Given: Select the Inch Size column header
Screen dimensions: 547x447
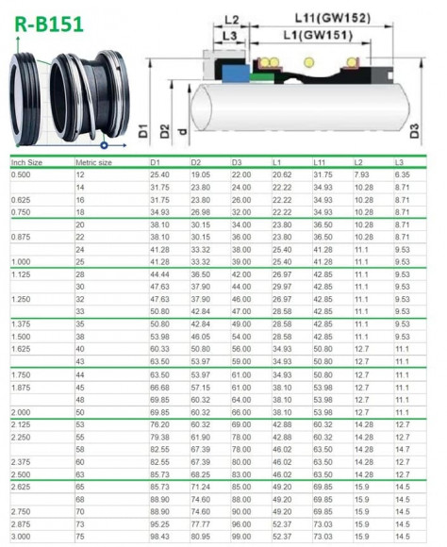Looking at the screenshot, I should [26, 163].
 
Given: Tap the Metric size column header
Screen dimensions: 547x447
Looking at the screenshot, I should [93, 163].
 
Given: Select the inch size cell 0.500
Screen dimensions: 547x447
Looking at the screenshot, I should [20, 175].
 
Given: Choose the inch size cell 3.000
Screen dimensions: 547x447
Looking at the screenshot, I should [20, 536].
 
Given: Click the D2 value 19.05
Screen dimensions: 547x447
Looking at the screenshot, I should [200, 175].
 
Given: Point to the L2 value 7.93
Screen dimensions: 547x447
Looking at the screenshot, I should [361, 175].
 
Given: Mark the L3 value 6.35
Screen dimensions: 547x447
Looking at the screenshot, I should [402, 175].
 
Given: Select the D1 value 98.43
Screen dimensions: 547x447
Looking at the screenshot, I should [159, 536].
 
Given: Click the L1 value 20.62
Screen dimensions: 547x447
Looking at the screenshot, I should [281, 175].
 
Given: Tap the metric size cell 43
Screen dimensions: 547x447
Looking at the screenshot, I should [80, 361].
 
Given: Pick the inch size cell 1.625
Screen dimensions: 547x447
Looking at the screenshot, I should [20, 349].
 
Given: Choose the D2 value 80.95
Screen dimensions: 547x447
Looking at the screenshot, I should [200, 536].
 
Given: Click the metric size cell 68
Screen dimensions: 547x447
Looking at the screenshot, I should [80, 498].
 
